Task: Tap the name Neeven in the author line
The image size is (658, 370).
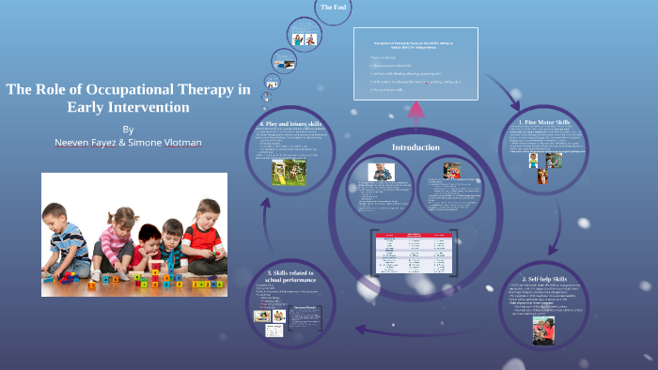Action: (73, 143)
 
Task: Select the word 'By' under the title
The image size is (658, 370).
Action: (128, 129)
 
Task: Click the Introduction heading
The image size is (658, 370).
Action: (415, 147)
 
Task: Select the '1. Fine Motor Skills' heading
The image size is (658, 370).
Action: (544, 122)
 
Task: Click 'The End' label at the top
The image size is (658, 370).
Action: (333, 8)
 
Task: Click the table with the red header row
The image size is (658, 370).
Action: (415, 246)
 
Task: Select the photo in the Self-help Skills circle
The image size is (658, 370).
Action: (544, 330)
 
